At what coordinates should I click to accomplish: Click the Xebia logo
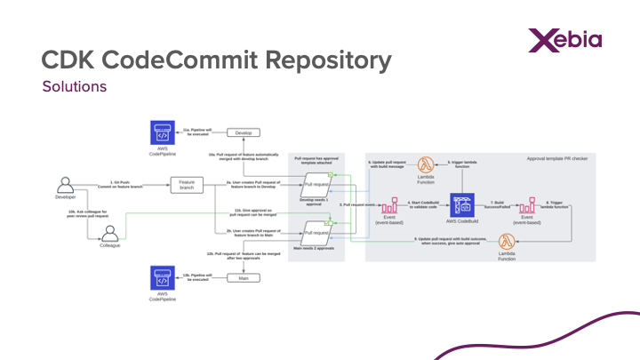click(564, 40)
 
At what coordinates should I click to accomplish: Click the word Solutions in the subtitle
click(75, 87)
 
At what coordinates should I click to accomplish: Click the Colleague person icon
click(109, 233)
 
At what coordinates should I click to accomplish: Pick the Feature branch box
click(187, 185)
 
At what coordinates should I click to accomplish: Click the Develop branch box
click(243, 132)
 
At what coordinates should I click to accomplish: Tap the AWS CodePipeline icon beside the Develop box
click(163, 133)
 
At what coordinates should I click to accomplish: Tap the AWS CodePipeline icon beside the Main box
click(163, 277)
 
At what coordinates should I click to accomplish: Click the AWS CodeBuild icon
click(460, 205)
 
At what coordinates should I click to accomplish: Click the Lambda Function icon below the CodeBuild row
click(507, 242)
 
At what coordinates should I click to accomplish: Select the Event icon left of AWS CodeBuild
click(389, 206)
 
